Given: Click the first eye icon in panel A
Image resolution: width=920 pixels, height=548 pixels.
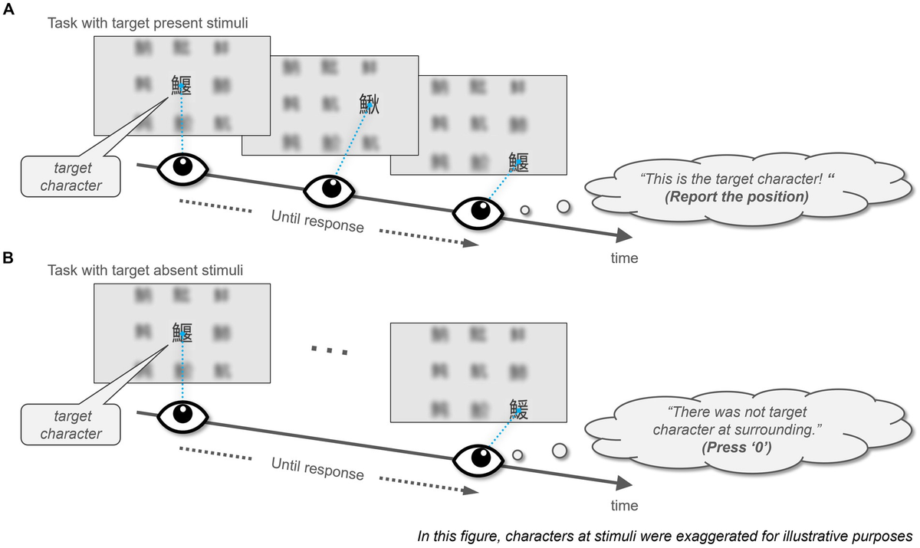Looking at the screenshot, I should tap(182, 168).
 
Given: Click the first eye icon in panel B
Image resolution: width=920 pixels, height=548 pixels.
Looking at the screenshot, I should tap(182, 415).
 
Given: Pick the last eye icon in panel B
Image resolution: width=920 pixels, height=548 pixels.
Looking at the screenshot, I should tap(478, 459).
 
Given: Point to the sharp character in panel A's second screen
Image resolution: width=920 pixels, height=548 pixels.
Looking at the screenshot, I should tap(370, 104).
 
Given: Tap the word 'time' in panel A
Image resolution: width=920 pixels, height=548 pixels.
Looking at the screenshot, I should tap(624, 258).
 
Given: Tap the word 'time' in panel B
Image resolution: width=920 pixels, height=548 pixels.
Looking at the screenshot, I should tap(624, 506).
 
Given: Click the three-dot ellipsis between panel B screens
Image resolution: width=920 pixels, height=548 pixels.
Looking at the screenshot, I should tap(330, 350).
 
